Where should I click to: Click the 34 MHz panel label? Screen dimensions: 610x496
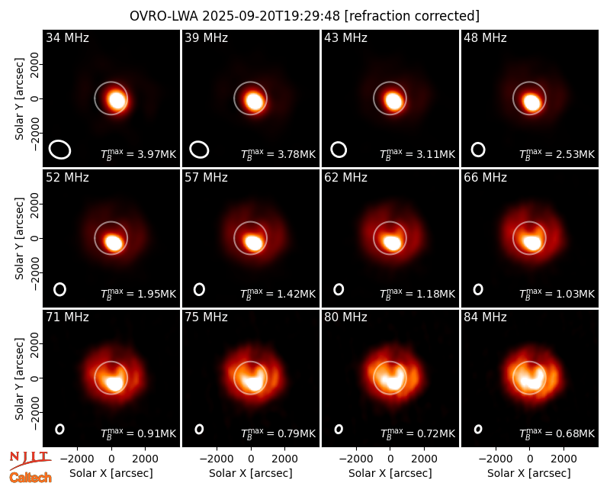[67, 37]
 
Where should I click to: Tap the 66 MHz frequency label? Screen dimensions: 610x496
[485, 178]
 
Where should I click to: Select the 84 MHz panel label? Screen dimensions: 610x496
[485, 317]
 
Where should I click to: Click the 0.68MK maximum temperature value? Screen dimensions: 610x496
[576, 433]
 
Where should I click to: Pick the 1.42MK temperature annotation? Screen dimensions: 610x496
[296, 294]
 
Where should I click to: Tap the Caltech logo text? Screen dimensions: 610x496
[30, 478]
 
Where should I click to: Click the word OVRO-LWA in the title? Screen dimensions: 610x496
[164, 16]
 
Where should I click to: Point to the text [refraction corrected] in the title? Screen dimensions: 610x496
[412, 16]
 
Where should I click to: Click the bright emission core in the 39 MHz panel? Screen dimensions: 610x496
[255, 101]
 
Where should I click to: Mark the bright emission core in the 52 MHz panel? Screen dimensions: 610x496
[114, 243]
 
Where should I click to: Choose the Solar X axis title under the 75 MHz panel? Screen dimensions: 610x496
[251, 473]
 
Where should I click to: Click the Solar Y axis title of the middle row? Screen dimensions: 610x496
[19, 238]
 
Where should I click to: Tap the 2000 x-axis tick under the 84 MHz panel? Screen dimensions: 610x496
[563, 459]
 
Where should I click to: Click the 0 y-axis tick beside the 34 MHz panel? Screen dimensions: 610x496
[35, 98]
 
